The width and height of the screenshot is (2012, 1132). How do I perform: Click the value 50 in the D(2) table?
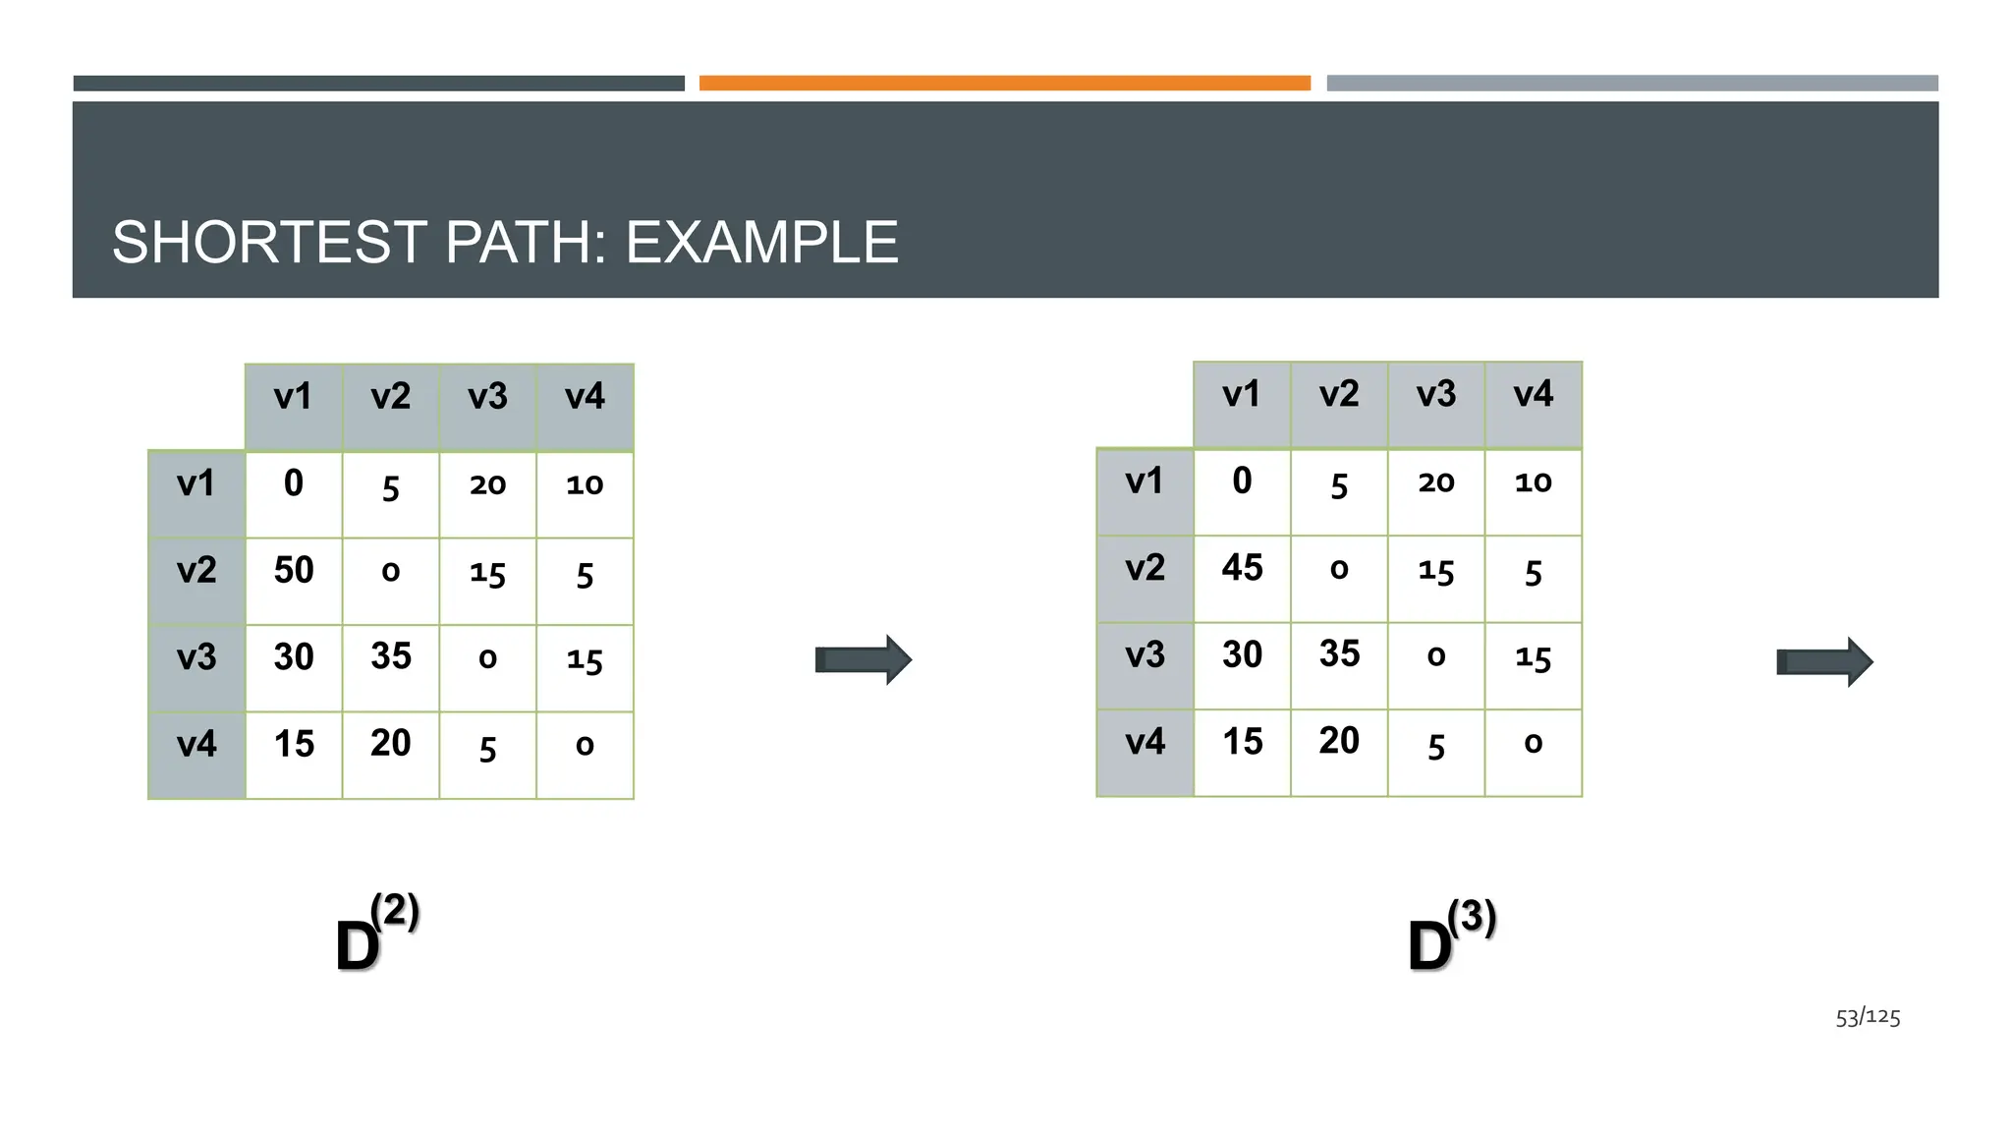click(294, 570)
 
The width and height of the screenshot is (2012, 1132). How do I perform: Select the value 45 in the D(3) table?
click(1242, 567)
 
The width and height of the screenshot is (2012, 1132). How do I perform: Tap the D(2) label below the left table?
click(377, 934)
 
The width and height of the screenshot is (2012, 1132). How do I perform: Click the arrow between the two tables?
click(864, 659)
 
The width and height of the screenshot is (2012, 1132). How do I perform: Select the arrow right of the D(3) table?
click(1824, 662)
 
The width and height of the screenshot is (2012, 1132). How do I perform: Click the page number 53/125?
click(1868, 1017)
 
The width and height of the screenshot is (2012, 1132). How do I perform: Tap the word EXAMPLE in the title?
click(761, 242)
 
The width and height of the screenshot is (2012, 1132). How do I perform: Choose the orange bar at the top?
click(1004, 84)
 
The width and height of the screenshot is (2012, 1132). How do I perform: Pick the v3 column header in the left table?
click(487, 397)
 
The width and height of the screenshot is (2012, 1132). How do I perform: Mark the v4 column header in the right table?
click(1533, 394)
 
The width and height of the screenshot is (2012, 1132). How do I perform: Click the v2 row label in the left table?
click(196, 571)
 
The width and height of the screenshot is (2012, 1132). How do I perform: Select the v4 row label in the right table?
click(1145, 742)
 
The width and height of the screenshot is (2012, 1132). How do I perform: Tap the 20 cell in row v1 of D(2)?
click(487, 484)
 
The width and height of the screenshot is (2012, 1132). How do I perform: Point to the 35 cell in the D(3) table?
click(1339, 653)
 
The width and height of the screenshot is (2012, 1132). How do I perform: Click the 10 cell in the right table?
click(1533, 481)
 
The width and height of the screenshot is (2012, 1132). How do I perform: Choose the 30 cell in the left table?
click(294, 656)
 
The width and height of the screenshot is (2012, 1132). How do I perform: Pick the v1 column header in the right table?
click(1242, 394)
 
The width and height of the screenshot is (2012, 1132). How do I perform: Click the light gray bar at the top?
click(1632, 84)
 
